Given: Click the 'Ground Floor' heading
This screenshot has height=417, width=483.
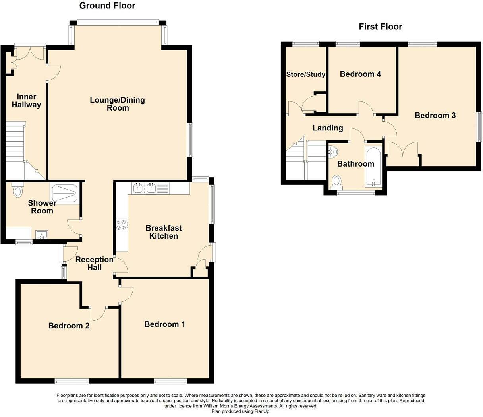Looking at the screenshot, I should (107, 6).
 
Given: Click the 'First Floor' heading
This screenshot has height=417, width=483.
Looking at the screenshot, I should (380, 27).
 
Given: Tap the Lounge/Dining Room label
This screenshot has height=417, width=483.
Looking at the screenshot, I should (117, 104).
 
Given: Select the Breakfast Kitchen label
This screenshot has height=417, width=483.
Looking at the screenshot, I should (164, 232).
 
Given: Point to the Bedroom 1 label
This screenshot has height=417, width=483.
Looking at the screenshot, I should (164, 324).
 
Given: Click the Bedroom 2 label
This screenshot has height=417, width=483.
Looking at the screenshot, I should (69, 326).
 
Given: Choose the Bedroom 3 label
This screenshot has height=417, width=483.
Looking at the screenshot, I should (435, 116).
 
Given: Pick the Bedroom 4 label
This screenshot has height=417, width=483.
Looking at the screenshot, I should (360, 74).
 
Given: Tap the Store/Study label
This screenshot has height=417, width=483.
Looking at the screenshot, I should (306, 74).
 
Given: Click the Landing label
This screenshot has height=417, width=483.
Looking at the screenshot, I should (327, 128).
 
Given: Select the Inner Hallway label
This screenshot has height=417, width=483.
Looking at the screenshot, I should (26, 101).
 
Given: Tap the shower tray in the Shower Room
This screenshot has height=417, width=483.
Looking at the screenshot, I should (65, 193).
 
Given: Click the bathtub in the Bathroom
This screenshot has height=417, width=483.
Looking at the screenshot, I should (373, 167).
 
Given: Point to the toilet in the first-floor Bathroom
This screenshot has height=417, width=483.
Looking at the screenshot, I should (337, 181).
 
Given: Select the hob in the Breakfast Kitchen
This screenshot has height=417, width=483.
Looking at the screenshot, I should (122, 225).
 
